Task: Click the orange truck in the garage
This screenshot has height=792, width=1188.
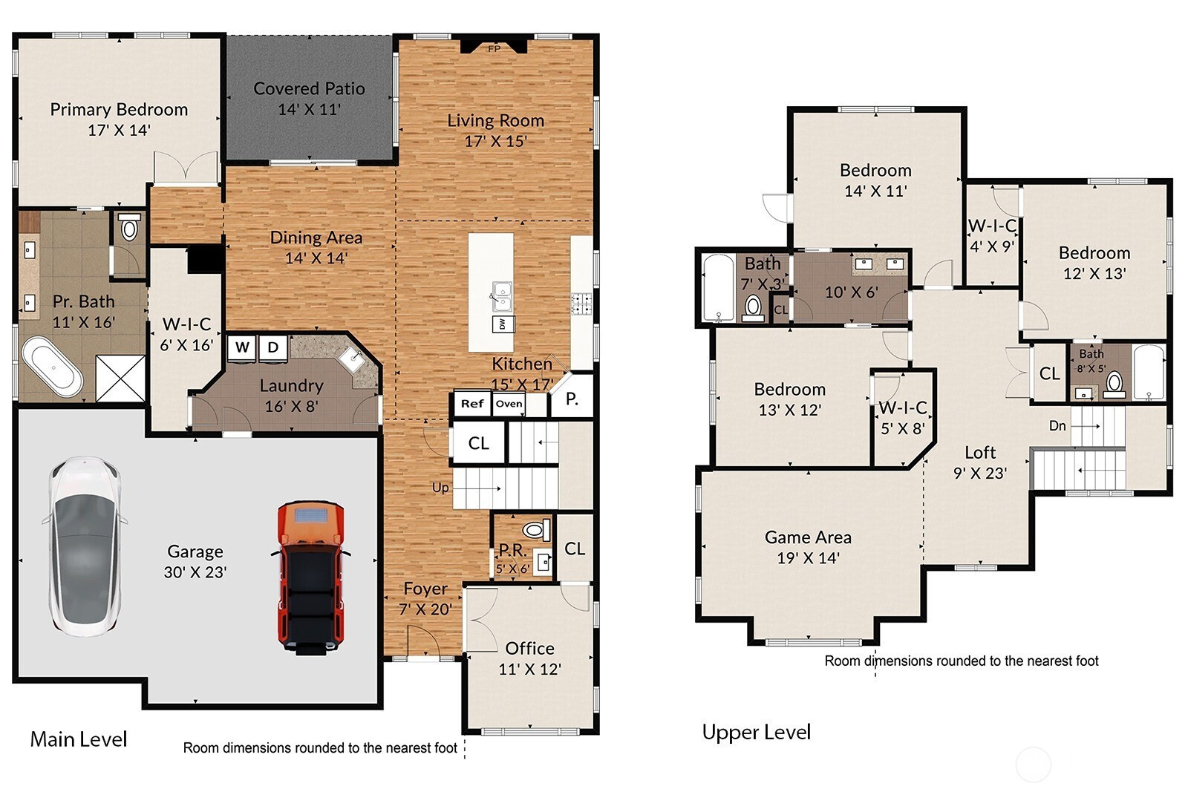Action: pos(311,577)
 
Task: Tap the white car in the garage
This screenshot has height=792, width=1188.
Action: pos(85,546)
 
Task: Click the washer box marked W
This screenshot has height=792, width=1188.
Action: pos(242,348)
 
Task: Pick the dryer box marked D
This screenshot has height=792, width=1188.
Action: pos(273,348)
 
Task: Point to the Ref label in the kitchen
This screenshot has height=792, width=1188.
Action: pos(472,404)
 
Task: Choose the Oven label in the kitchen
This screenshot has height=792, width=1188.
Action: pos(509,404)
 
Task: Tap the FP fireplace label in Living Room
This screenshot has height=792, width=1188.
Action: pos(494,49)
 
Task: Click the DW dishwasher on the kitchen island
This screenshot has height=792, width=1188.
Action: pos(503,324)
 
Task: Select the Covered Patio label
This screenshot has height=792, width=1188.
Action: pos(309,88)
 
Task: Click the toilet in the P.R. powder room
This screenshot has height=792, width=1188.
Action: pos(536,529)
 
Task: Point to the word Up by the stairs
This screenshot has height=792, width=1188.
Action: pos(440,488)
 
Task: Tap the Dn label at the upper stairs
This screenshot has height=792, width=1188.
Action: pos(1057,425)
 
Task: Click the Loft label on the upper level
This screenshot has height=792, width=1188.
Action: pos(980,452)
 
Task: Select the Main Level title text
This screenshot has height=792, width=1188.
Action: pos(79,739)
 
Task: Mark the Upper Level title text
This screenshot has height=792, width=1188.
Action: pos(757,732)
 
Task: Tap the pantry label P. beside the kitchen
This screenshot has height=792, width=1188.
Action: pos(572,399)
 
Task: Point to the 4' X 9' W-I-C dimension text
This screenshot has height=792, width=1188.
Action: pos(992,246)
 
